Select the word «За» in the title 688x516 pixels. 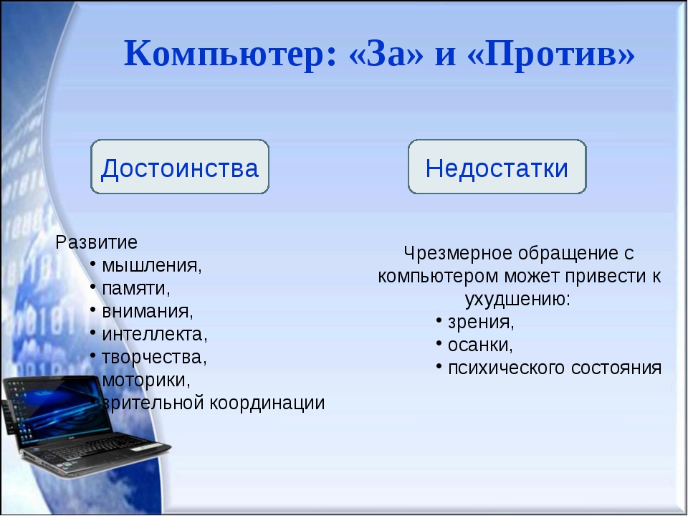coord(385,54)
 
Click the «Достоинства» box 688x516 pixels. coord(180,167)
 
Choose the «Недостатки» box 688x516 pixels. coord(497,167)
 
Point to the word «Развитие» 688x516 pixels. coord(97,242)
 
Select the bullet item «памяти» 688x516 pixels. coord(136,289)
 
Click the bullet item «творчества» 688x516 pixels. coord(154,357)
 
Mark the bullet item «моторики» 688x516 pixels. coord(146,380)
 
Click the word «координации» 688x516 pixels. coord(267,403)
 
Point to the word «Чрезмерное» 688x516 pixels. coord(458,254)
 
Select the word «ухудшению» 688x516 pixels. coord(517,300)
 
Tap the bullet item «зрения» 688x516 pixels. coord(481,322)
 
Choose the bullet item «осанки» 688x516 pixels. coord(480,345)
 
